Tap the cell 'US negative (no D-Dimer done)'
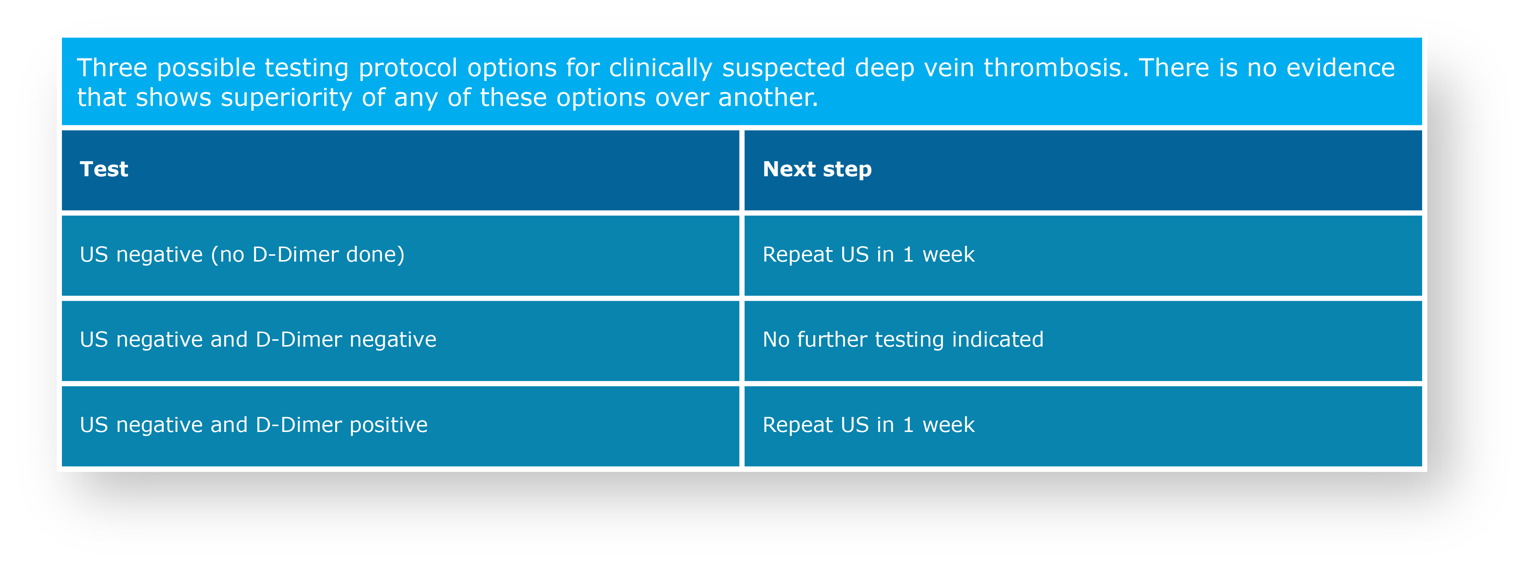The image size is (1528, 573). [400, 256]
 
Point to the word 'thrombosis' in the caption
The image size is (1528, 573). [1056, 68]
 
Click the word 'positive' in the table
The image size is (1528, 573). [389, 426]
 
